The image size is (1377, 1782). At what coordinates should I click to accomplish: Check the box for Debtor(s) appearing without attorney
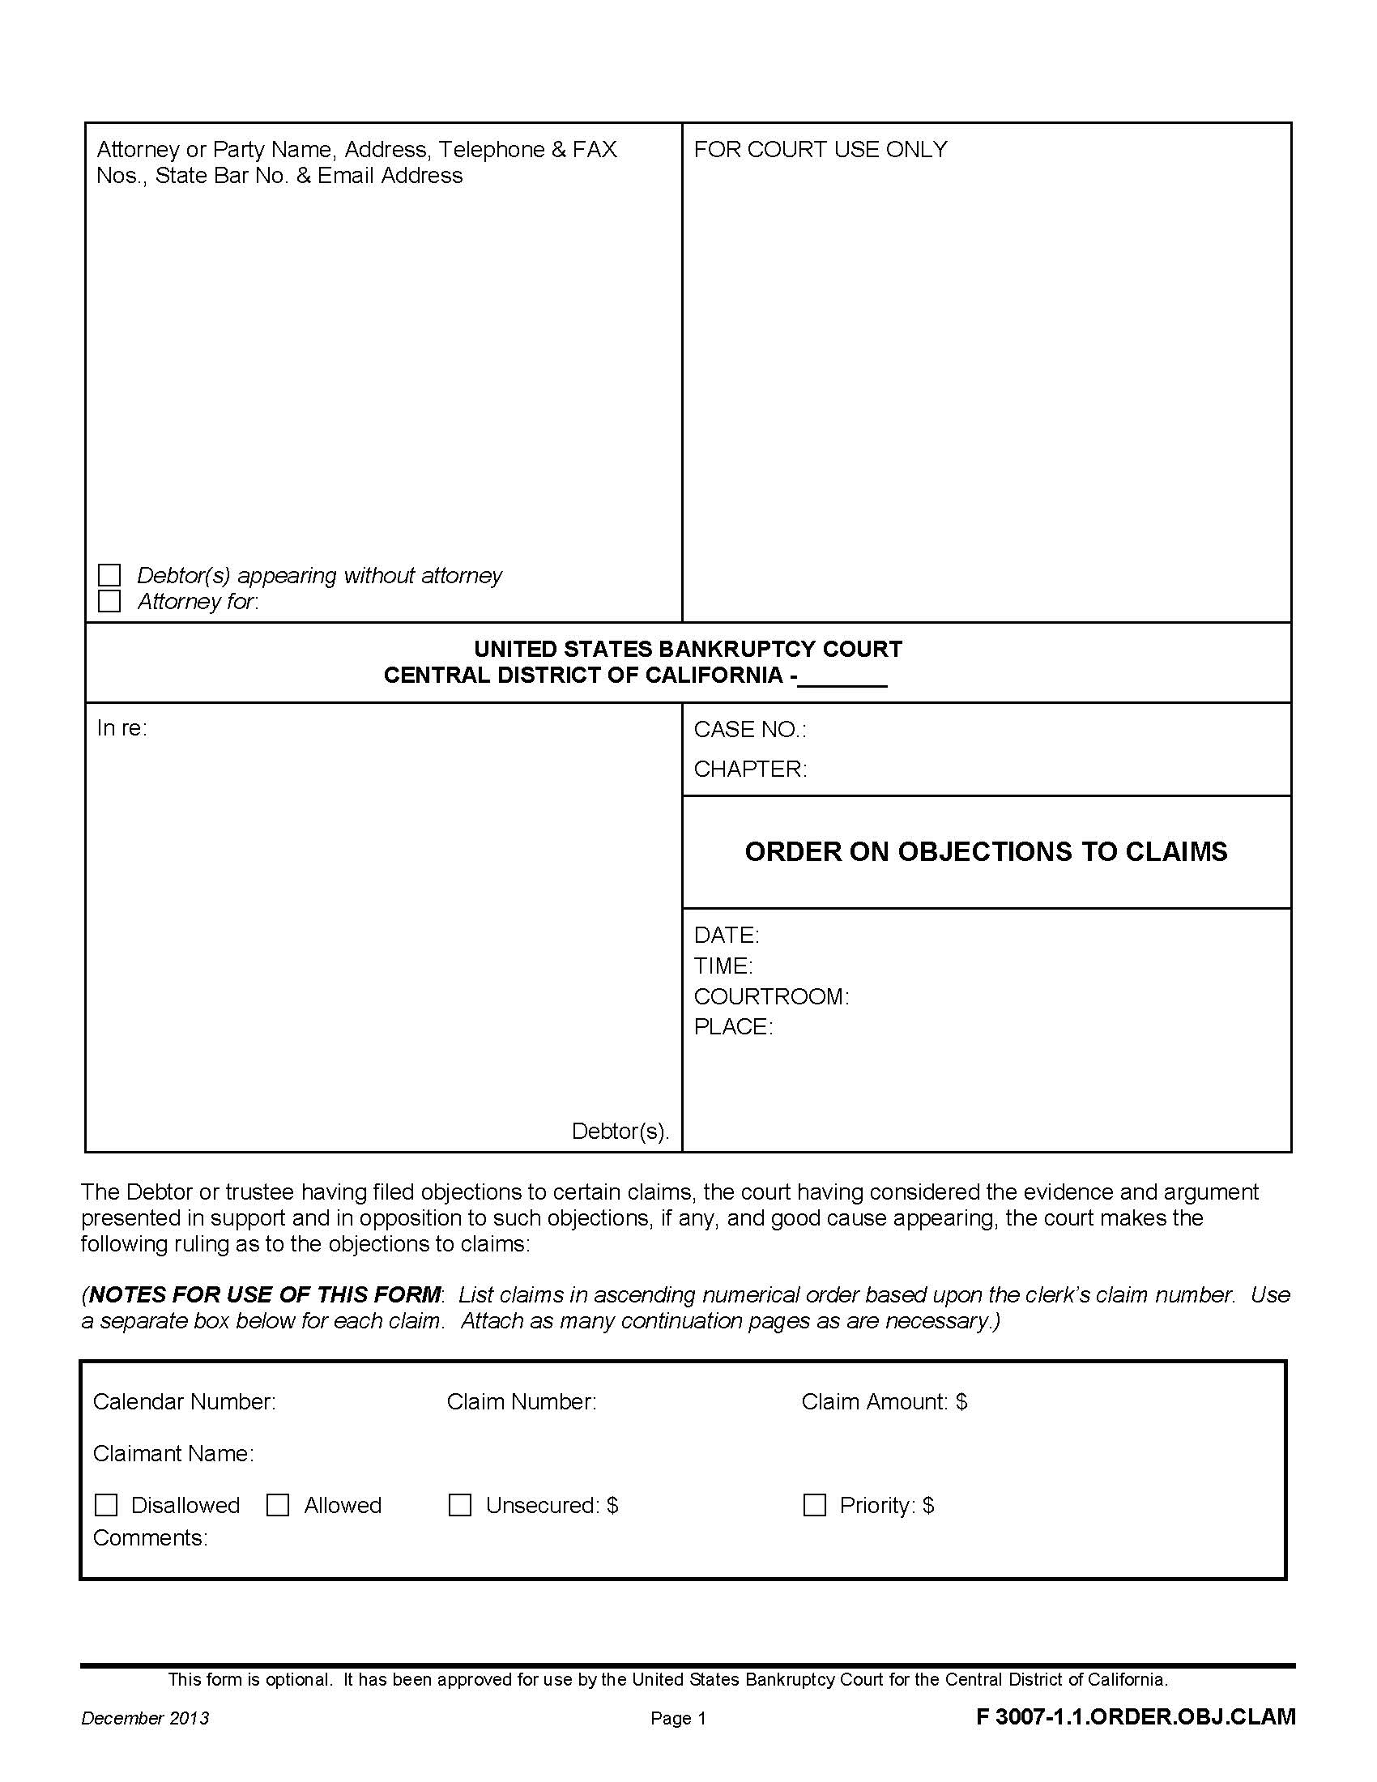point(109,575)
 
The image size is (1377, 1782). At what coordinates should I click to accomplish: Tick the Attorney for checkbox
point(109,601)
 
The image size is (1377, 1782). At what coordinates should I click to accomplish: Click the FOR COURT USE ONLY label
point(820,149)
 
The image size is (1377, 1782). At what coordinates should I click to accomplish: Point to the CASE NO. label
point(749,730)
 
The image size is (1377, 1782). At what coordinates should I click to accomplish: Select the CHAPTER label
point(750,769)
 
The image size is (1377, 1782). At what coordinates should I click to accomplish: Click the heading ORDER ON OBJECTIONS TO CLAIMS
point(986,851)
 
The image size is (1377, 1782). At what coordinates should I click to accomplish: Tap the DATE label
point(726,935)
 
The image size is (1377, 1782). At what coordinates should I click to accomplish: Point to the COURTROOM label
point(771,996)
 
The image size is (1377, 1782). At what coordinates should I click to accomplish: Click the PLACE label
point(732,1026)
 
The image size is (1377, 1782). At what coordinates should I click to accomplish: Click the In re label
point(122,728)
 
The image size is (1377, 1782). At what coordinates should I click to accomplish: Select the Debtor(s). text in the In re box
point(620,1131)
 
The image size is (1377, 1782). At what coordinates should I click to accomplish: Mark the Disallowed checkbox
point(107,1505)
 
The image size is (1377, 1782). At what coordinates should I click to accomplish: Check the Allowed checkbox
point(278,1505)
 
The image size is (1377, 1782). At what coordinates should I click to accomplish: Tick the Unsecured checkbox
point(460,1505)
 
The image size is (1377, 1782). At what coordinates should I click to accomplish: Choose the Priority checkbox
point(814,1505)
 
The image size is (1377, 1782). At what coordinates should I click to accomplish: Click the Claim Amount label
point(884,1402)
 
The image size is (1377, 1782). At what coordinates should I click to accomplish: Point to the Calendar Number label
point(185,1402)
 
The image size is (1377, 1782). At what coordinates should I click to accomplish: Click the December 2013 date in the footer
point(145,1718)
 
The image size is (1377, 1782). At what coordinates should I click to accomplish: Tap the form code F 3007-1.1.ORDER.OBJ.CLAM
point(1136,1716)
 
